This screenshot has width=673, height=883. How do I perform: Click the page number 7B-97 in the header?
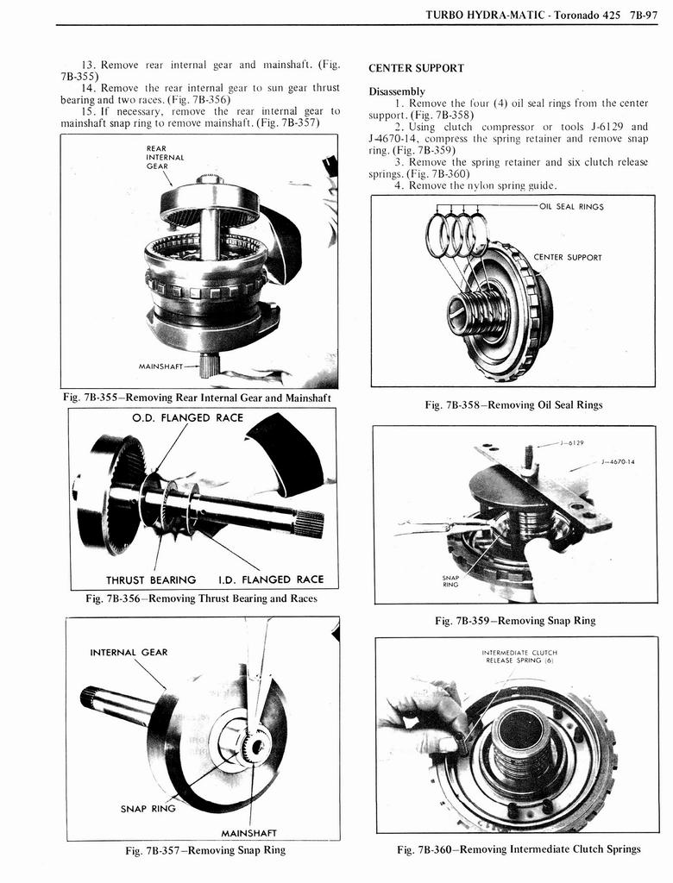645,15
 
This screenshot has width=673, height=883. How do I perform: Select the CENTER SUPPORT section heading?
416,68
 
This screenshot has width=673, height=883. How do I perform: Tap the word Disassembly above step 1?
397,91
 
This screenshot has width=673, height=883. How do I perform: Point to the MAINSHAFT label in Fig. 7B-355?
163,366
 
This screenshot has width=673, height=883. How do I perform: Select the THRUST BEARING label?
151,579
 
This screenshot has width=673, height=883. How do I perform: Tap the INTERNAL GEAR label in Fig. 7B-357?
129,652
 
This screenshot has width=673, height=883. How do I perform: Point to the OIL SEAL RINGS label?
571,207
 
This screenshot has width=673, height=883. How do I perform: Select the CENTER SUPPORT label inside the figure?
568,257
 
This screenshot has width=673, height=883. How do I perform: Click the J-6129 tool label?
572,443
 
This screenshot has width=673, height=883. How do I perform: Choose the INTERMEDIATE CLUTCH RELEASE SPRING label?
520,656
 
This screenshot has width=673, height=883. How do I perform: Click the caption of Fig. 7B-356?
190,598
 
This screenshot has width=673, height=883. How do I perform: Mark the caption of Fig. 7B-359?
515,621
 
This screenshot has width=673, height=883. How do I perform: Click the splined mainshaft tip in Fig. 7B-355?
210,366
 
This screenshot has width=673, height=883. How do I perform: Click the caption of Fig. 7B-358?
513,405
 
